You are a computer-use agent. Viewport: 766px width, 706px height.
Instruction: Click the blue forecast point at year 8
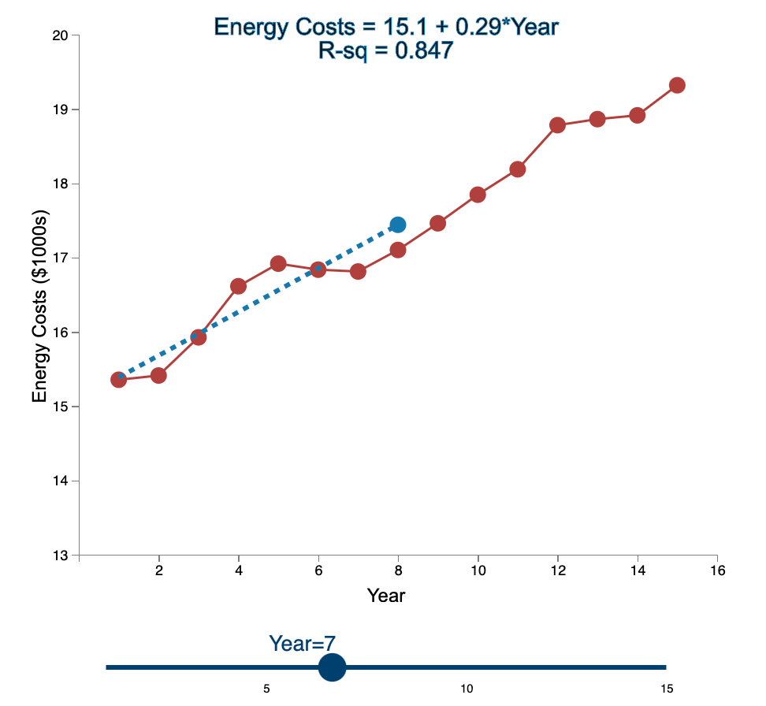tap(398, 225)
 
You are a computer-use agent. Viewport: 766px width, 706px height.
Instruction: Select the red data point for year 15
tap(677, 85)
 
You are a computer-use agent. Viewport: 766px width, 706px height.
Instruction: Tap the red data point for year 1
tap(119, 380)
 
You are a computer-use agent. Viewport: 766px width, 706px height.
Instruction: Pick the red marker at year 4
tap(238, 286)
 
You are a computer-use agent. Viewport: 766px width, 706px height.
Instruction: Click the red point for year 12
tap(558, 125)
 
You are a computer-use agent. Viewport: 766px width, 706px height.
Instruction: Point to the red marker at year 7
tap(358, 272)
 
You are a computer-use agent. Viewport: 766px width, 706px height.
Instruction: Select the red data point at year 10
tap(478, 195)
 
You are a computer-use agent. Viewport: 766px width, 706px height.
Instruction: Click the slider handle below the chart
tap(333, 667)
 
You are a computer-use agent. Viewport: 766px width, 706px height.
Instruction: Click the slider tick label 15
tap(667, 689)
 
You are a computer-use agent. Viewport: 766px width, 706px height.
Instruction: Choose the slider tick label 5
tap(267, 689)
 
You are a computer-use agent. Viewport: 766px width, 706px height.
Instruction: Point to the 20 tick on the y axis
tap(61, 35)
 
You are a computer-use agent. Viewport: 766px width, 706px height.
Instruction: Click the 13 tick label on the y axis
tap(61, 556)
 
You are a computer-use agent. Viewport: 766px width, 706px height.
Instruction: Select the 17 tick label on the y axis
tap(61, 258)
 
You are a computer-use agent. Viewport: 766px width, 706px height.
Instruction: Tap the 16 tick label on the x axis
tap(716, 570)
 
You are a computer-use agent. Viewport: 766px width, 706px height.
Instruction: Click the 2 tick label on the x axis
tap(159, 570)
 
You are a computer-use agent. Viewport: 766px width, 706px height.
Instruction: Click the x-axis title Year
tap(386, 596)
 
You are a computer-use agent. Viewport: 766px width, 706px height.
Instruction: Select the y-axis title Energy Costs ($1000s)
tap(40, 307)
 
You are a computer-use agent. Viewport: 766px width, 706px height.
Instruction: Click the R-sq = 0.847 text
tap(386, 51)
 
